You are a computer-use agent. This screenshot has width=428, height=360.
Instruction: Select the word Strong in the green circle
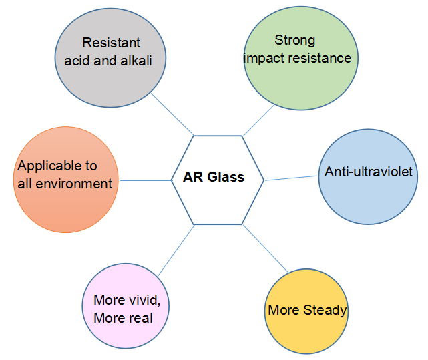[294, 41]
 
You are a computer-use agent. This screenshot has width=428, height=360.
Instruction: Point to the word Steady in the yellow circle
[325, 310]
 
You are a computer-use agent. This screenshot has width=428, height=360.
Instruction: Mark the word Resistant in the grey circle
[112, 43]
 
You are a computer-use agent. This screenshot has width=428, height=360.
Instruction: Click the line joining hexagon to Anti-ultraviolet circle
[291, 178]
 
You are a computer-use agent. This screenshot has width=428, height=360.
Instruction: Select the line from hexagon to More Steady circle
[265, 248]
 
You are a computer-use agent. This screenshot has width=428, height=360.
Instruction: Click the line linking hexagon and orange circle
[145, 180]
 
